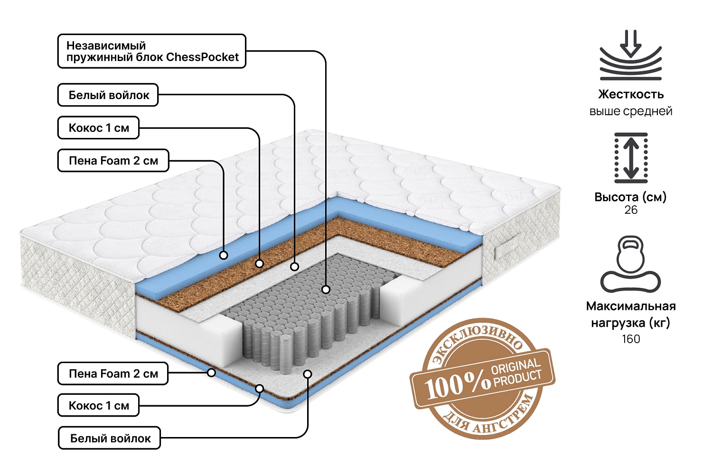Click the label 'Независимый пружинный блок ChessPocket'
[152, 51]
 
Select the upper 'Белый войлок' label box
[108, 95]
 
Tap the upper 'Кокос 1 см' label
[98, 128]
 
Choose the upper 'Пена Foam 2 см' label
[113, 161]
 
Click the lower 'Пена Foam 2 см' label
[113, 374]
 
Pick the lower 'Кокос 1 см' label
[98, 406]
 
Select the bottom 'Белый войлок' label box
[110, 438]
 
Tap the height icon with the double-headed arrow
[631, 158]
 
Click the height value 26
[631, 210]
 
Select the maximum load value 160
[631, 339]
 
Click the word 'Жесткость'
[631, 94]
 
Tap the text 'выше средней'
[631, 111]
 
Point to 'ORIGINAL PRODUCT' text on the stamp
[516, 373]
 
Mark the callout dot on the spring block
[326, 289]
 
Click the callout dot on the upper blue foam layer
[224, 255]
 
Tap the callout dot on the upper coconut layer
[259, 264]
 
